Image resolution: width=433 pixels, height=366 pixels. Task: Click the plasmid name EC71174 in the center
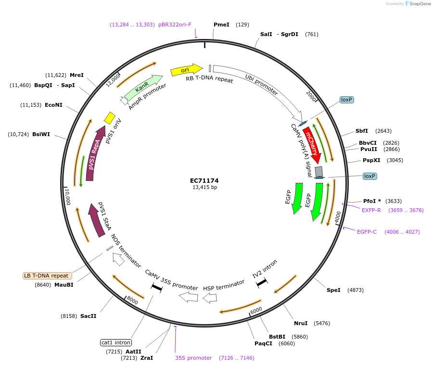pos(204,180)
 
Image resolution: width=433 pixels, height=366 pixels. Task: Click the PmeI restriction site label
pos(221,25)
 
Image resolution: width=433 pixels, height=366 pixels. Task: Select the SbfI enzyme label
pos(361,131)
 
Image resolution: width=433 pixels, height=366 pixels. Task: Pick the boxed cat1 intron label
pos(115,343)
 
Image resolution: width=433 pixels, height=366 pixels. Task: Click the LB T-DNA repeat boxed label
pos(47,276)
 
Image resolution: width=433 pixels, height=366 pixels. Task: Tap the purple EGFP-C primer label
pos(367,232)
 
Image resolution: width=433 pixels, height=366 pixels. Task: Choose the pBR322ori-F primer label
pos(175,25)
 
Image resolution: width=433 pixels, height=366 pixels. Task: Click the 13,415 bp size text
pos(204,188)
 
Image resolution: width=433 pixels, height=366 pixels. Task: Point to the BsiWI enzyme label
pos(41,134)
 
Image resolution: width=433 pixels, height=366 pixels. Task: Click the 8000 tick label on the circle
pos(133,301)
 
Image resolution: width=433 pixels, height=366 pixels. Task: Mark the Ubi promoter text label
pos(261,84)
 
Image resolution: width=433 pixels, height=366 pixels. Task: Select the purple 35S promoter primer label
pos(193,358)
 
